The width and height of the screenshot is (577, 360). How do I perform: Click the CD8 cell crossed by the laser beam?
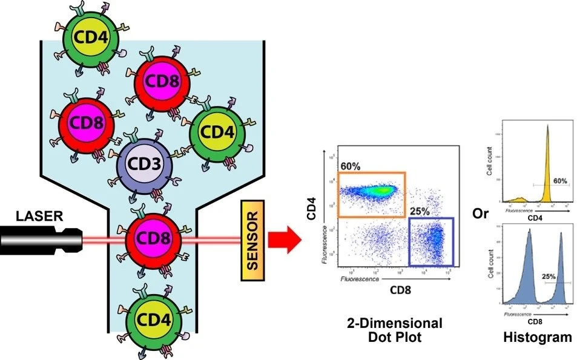[x=154, y=240]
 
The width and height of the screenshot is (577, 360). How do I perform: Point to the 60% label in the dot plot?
[x=349, y=165]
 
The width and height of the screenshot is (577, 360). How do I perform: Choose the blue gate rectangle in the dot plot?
[x=431, y=242]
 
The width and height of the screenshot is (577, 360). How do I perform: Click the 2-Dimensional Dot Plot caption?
[x=397, y=330]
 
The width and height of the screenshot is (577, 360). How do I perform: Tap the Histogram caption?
[x=537, y=338]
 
